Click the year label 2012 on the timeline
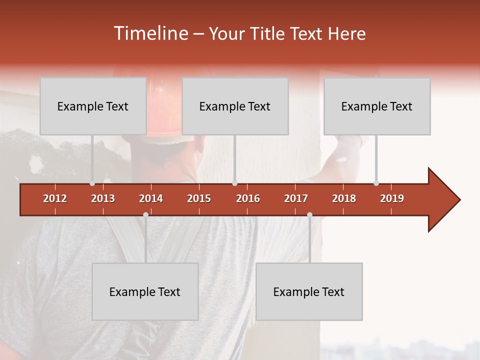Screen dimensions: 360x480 (x=55, y=198)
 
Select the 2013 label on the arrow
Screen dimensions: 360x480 (x=103, y=198)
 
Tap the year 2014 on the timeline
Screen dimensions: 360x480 (x=151, y=198)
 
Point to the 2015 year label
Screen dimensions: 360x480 (x=199, y=198)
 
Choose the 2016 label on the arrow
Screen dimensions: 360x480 (x=248, y=198)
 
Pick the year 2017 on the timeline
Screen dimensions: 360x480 (x=296, y=198)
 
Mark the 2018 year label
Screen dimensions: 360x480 (x=344, y=198)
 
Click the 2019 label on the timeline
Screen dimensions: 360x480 (x=392, y=198)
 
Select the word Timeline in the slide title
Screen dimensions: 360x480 (x=149, y=33)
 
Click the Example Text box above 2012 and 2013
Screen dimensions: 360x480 (x=93, y=106)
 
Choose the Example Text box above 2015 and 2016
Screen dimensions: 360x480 (x=235, y=106)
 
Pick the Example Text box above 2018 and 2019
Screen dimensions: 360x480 (x=377, y=106)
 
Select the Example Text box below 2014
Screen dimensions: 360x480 (x=145, y=291)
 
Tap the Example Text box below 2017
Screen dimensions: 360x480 (x=309, y=291)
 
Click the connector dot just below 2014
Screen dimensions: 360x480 (x=145, y=214)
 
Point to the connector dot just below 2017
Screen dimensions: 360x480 (x=309, y=214)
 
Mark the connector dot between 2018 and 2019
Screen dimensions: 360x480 (x=376, y=183)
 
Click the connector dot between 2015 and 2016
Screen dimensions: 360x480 (x=234, y=183)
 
